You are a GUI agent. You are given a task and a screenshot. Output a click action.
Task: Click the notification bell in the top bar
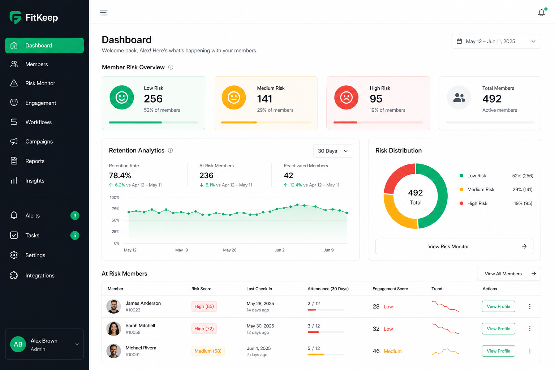[x=542, y=12]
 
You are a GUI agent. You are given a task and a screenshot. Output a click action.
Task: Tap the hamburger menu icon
[x=104, y=12]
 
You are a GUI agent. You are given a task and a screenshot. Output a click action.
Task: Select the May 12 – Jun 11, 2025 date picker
[x=496, y=41]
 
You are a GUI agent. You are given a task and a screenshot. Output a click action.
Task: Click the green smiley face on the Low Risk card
[x=122, y=98]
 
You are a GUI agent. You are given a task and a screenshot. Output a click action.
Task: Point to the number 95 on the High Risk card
[x=376, y=99]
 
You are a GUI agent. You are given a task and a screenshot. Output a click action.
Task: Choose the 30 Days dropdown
[x=333, y=151]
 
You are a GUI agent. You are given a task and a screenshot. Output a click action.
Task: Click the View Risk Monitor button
[x=454, y=246]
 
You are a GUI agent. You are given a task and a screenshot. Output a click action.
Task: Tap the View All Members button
[x=509, y=274]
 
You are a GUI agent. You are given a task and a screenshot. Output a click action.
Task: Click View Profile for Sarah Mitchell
[x=498, y=328]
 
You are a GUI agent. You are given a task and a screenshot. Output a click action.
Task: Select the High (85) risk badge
[x=204, y=306]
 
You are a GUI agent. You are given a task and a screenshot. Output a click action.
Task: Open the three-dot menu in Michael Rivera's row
[x=530, y=351]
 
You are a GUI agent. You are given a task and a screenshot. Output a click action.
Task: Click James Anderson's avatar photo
[x=113, y=306]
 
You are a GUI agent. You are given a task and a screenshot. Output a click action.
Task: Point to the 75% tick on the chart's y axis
[x=116, y=209]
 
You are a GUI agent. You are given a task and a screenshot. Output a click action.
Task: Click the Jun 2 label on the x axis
[x=279, y=250]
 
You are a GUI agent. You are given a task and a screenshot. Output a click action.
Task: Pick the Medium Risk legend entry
[x=477, y=189]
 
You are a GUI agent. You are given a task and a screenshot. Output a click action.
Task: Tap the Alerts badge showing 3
[x=75, y=216]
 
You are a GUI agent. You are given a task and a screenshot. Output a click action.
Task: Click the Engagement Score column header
[x=390, y=289]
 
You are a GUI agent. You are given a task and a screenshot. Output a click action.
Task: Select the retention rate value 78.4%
[x=120, y=176]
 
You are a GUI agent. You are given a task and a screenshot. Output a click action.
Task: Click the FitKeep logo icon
[x=16, y=17]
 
